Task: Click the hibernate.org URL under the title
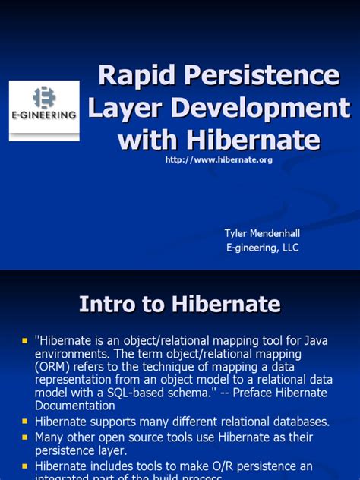218,159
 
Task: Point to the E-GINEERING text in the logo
43,115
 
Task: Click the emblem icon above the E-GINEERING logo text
44,96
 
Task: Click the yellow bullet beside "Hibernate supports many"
24,421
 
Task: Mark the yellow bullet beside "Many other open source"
24,437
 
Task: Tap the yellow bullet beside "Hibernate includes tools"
24,466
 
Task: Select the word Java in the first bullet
316,340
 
